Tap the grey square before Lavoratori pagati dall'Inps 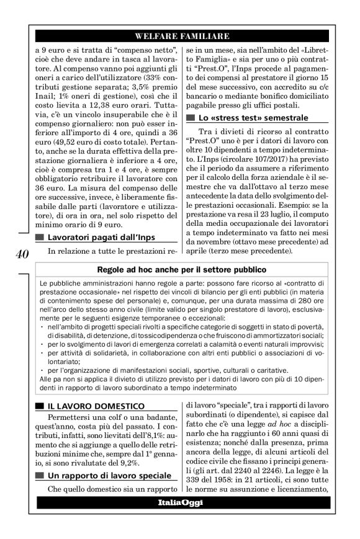[x=40, y=238]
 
